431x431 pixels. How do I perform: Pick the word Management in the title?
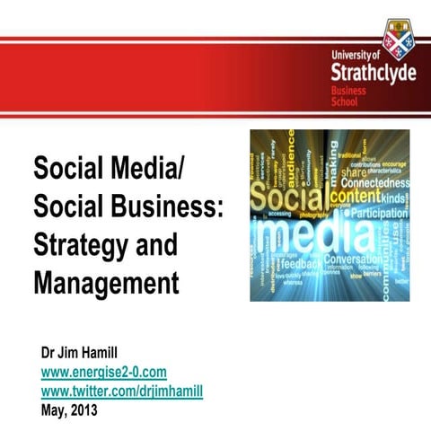pyautogui.click(x=106, y=284)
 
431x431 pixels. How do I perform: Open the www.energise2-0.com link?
pyautogui.click(x=104, y=371)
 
